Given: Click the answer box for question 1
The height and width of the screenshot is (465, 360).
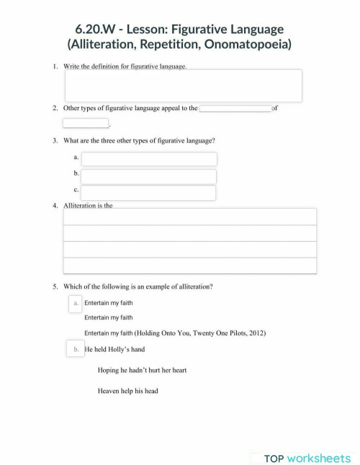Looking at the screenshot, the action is pyautogui.click(x=183, y=86).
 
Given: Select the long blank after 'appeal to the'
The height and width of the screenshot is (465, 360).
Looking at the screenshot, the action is pyautogui.click(x=235, y=108).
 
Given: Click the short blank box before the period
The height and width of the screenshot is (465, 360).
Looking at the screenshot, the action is pyautogui.click(x=85, y=123).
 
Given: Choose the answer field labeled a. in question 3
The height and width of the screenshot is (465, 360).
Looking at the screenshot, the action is pyautogui.click(x=148, y=159).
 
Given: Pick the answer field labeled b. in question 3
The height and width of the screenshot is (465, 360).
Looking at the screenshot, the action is pyautogui.click(x=148, y=176).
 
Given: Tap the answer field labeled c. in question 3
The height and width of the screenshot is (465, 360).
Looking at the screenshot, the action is pyautogui.click(x=148, y=193).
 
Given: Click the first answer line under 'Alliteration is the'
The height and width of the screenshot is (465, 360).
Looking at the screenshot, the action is pyautogui.click(x=190, y=217).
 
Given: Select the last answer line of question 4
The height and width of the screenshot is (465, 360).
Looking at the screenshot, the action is pyautogui.click(x=190, y=266).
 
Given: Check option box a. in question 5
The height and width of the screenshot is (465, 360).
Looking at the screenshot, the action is pyautogui.click(x=76, y=304).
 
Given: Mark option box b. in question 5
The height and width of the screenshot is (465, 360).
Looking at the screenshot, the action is pyautogui.click(x=76, y=350).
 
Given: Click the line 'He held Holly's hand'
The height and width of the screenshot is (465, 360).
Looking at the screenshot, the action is pyautogui.click(x=115, y=350).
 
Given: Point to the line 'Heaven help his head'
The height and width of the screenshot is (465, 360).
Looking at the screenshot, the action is pyautogui.click(x=127, y=391).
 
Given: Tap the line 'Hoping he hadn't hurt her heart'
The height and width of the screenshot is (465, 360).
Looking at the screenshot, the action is pyautogui.click(x=142, y=370).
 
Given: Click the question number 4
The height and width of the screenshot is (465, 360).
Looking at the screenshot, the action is pyautogui.click(x=55, y=206).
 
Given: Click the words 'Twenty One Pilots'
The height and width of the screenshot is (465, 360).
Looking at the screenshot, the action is pyautogui.click(x=202, y=333).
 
